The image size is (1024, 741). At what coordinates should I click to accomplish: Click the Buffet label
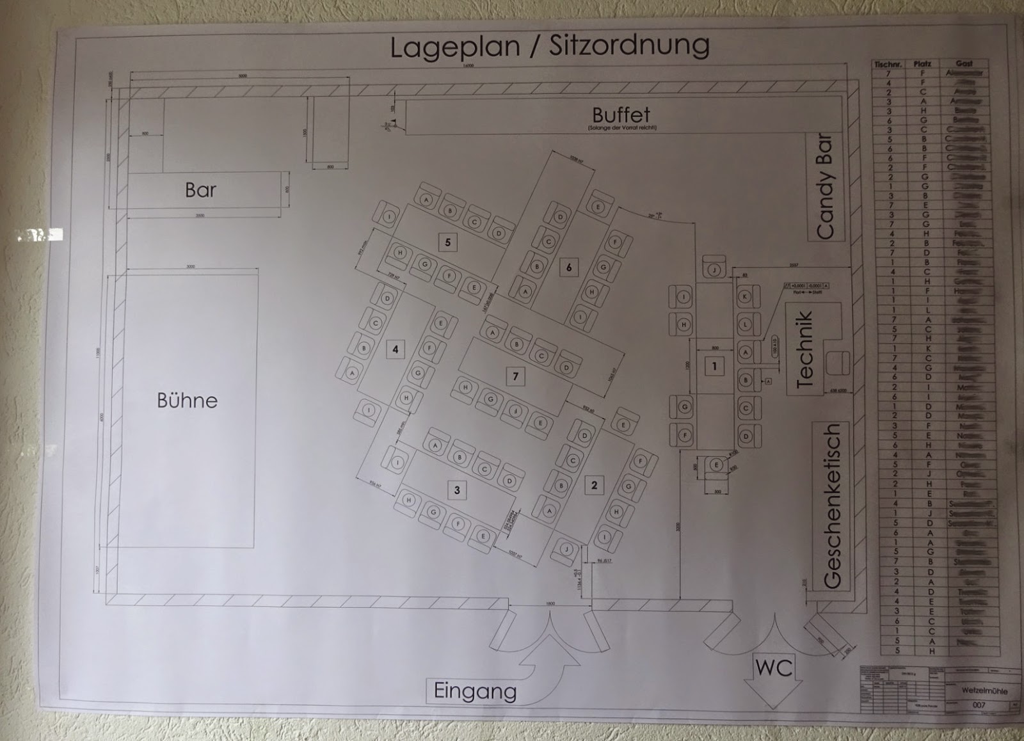click(x=621, y=115)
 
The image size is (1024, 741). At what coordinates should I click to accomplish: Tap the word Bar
click(x=200, y=190)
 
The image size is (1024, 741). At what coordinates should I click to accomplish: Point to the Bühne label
click(x=187, y=401)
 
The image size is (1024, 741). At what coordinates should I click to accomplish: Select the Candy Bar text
click(x=825, y=186)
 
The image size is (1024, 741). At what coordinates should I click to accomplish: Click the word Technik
click(x=804, y=349)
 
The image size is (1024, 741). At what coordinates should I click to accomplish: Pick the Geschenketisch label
click(x=831, y=506)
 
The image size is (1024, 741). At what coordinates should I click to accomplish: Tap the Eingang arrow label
click(x=475, y=691)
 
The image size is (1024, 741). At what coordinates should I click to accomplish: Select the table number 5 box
click(x=448, y=242)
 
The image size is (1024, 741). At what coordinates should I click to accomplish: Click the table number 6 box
click(x=569, y=267)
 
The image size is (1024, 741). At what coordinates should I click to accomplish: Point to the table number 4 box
click(x=396, y=349)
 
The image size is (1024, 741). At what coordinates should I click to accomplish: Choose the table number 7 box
click(x=515, y=376)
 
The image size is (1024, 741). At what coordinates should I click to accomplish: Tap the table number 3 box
click(x=457, y=490)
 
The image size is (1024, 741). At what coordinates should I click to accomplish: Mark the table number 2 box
click(x=594, y=485)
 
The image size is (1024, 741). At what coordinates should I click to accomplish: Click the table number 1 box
click(x=714, y=367)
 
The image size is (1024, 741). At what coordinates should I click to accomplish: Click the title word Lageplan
click(x=456, y=47)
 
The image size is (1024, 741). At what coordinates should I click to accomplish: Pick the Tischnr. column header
click(x=888, y=64)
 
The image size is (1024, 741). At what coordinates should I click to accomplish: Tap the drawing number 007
click(x=979, y=705)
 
